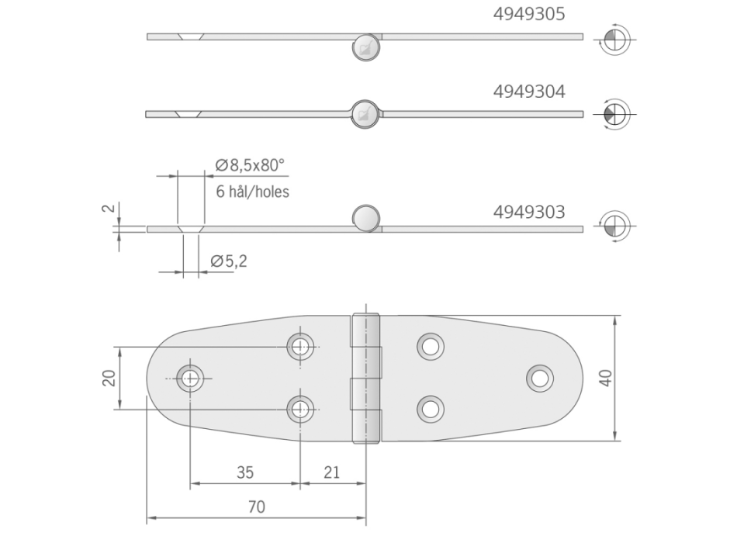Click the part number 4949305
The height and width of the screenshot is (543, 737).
529,13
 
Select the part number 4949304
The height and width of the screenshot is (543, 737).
529,92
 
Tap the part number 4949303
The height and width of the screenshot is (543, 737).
529,211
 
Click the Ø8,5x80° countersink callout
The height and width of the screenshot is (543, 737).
250,164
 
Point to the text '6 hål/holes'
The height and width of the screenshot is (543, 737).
252,192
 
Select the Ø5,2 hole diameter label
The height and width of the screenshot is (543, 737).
230,262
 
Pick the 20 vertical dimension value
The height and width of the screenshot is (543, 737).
109,377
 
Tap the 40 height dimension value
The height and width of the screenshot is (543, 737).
606,378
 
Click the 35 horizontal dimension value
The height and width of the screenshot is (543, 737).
245,472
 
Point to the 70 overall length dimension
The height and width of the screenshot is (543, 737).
257,507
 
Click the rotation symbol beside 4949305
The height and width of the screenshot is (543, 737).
614,38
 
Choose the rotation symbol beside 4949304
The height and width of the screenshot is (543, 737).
614,113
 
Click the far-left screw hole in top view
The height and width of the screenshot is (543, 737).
190,378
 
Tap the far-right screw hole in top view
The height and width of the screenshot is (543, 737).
539,378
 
